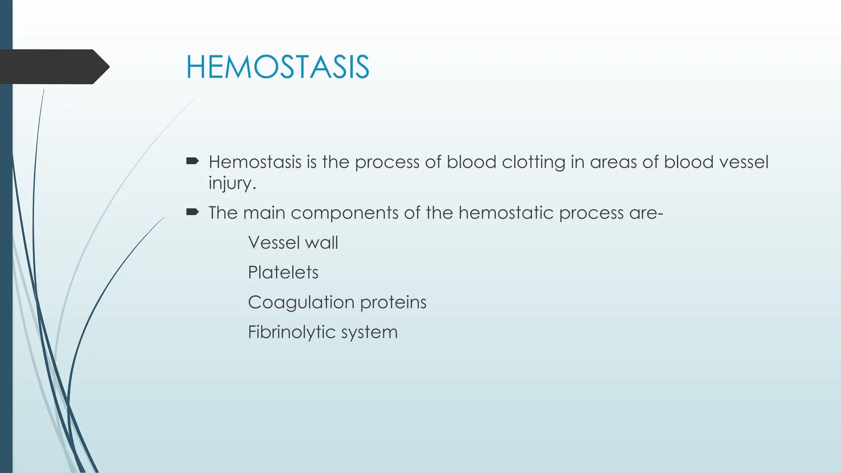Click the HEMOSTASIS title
[278, 67]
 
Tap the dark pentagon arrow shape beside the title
[53, 67]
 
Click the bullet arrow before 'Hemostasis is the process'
[192, 161]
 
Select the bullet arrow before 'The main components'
[192, 212]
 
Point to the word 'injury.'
[232, 183]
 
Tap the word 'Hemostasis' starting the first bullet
[255, 162]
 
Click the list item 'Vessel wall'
[293, 243]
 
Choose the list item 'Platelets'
[283, 272]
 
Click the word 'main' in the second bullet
[264, 213]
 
